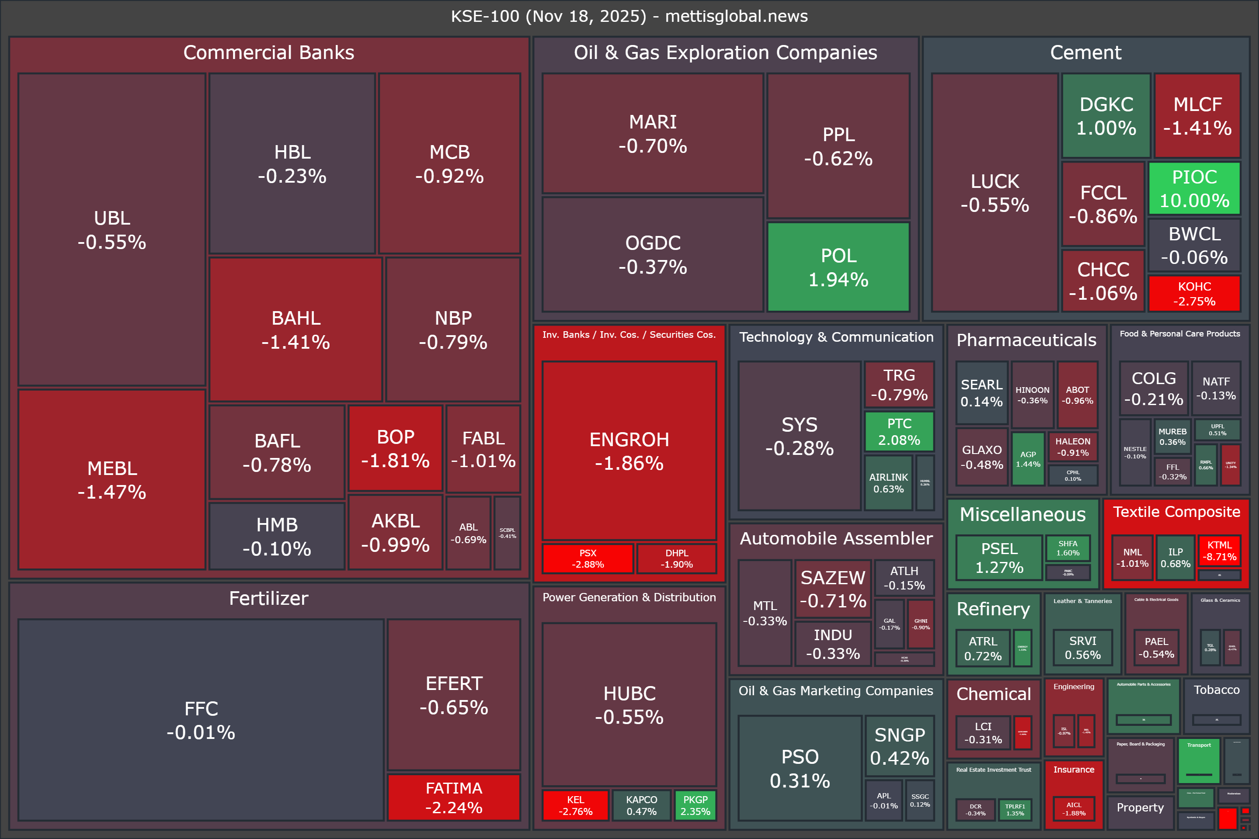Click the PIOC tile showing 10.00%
pos(1194,188)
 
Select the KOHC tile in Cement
pos(1194,293)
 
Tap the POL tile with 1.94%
pos(838,267)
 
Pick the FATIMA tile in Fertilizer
pos(453,797)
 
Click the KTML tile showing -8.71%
pos(1219,551)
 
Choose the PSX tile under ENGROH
pos(587,558)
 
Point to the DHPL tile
pos(677,558)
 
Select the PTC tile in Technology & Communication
pos(899,431)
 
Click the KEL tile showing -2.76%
pos(575,805)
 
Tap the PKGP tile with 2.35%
pos(696,805)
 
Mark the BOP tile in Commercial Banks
pos(395,448)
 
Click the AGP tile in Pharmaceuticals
pos(1028,459)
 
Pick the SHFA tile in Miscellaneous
pos(1068,548)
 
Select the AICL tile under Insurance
pos(1074,808)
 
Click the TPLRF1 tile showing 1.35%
pos(1015,810)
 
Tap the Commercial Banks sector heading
pos(269,52)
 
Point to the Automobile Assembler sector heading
pos(836,538)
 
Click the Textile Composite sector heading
pos(1176,512)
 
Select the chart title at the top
pos(629,16)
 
